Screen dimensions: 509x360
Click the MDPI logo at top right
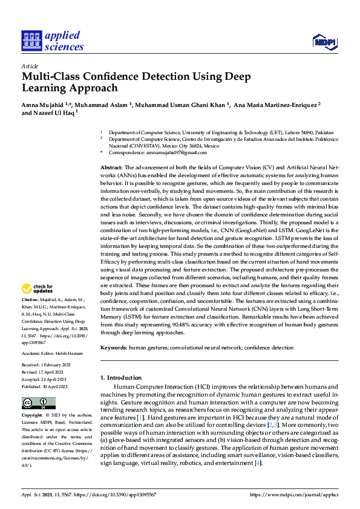coord(324,41)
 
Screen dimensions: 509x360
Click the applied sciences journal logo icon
coord(31,41)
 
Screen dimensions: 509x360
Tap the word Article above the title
coord(30,66)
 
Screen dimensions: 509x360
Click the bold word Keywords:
coord(114,348)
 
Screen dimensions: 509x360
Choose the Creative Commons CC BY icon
coord(38,403)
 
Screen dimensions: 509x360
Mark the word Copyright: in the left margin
coord(31,416)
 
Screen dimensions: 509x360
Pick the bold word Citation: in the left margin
coord(30,300)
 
